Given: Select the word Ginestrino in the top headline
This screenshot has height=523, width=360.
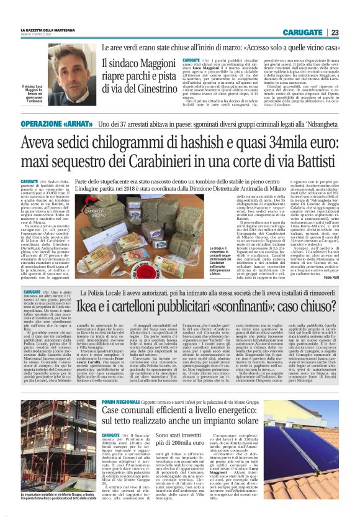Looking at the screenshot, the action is tap(153, 89).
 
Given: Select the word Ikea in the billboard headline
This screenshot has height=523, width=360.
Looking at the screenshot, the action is tap(89, 291).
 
